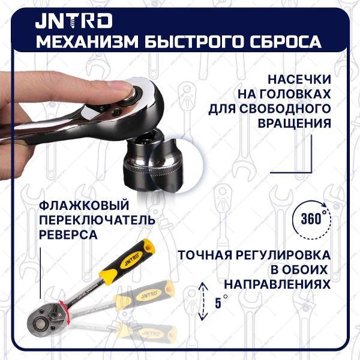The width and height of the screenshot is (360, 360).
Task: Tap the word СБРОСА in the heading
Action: click(x=287, y=43)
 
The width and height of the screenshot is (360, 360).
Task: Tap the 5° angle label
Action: click(x=221, y=302)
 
